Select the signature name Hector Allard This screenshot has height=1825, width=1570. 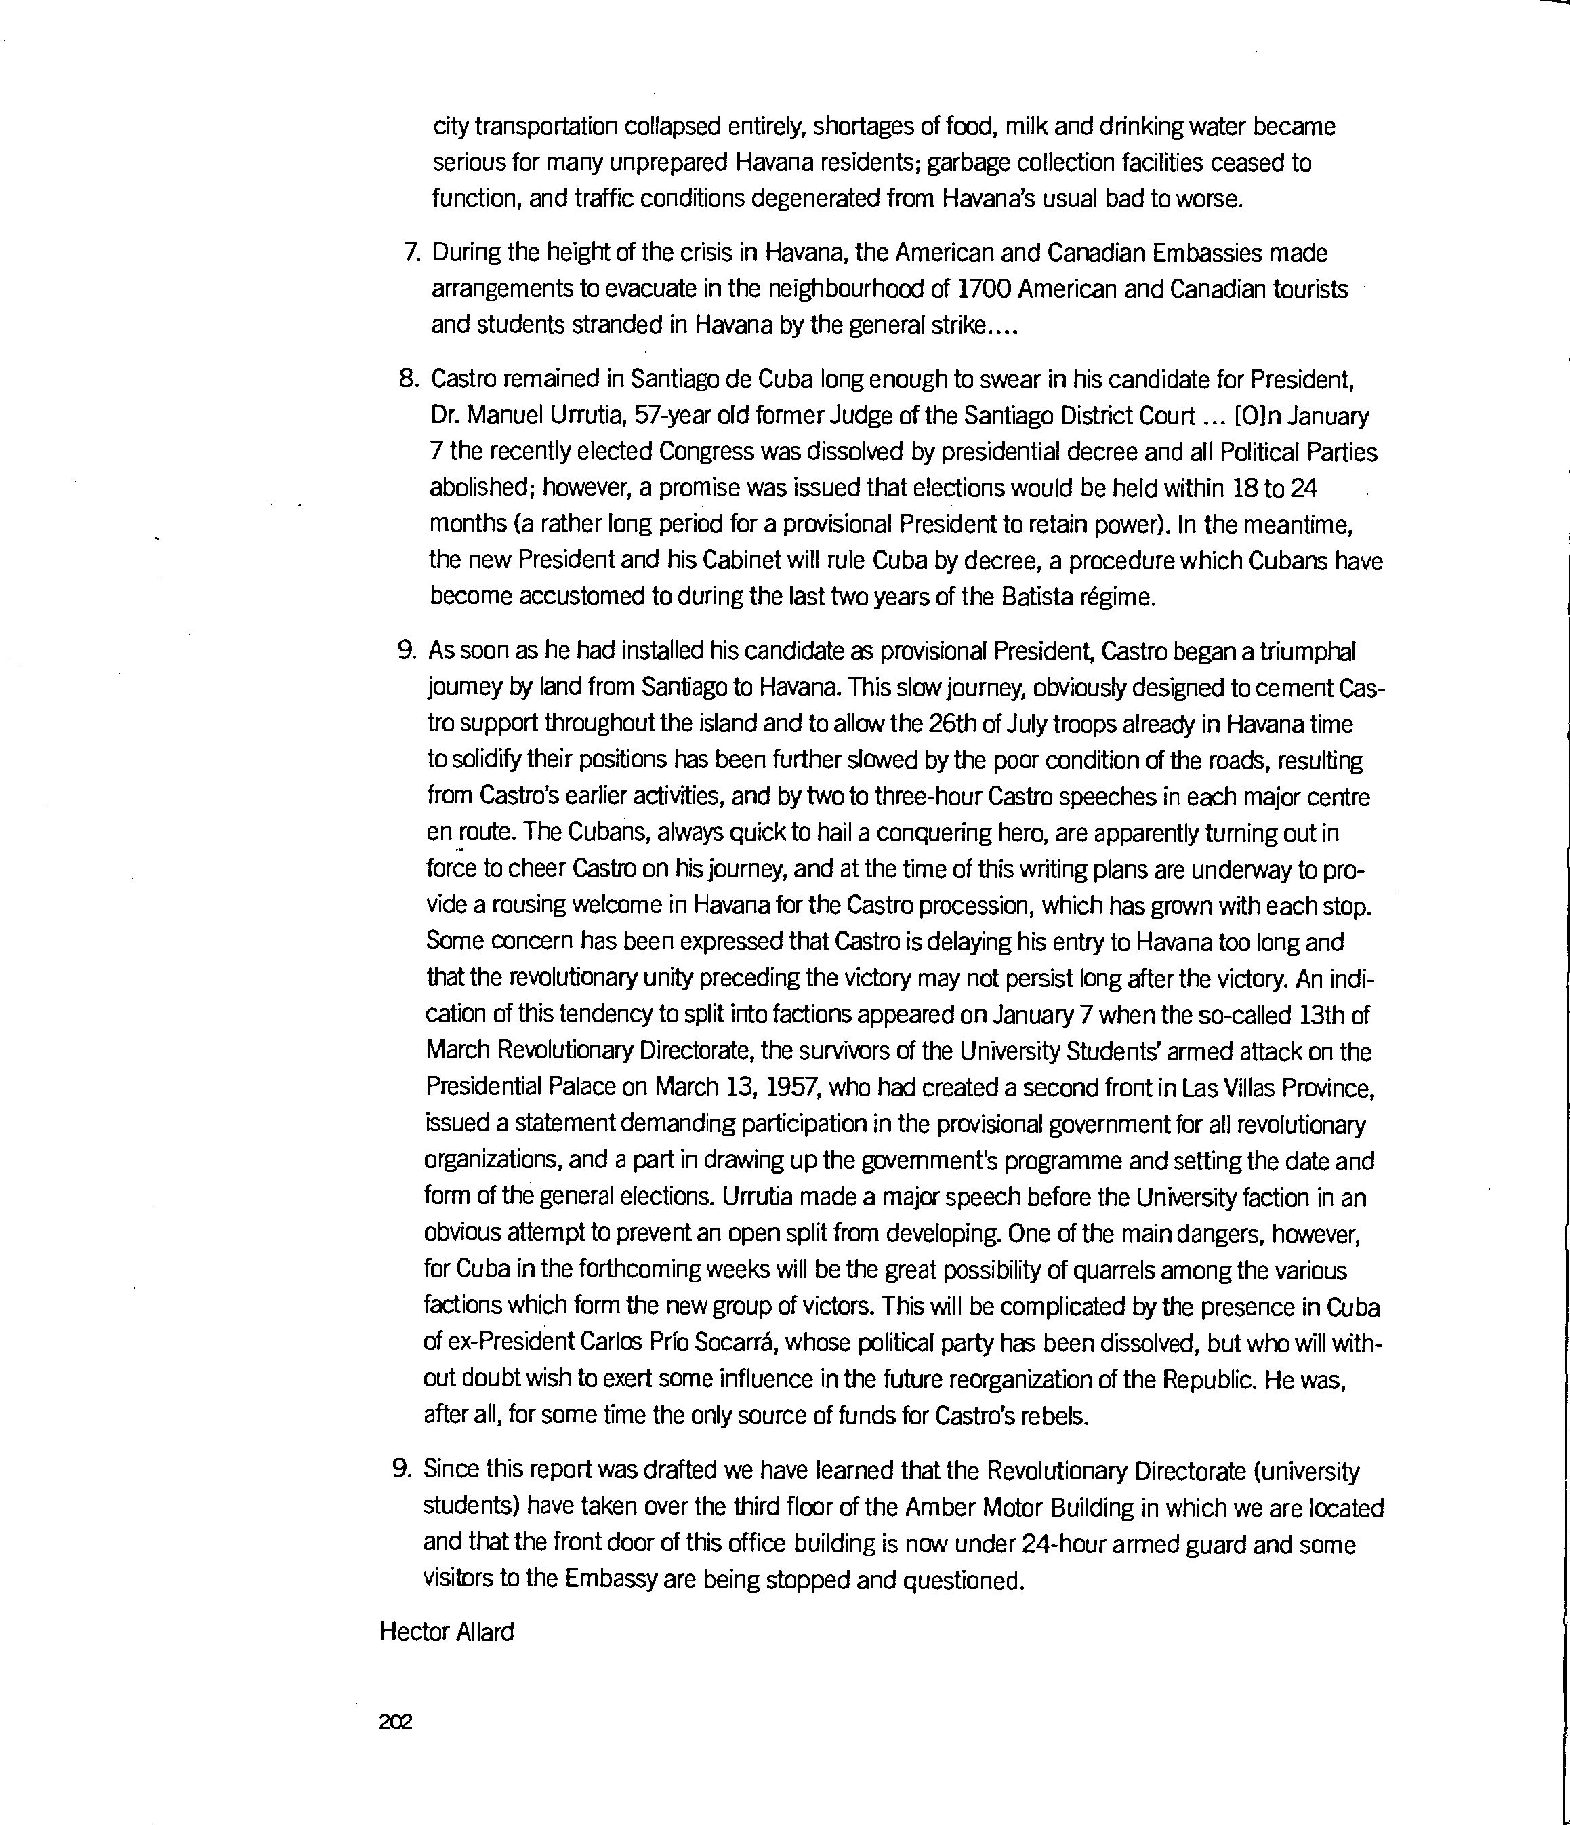coord(447,1631)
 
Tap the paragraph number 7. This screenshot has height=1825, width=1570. coord(411,253)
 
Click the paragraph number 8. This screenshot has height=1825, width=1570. coord(408,380)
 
